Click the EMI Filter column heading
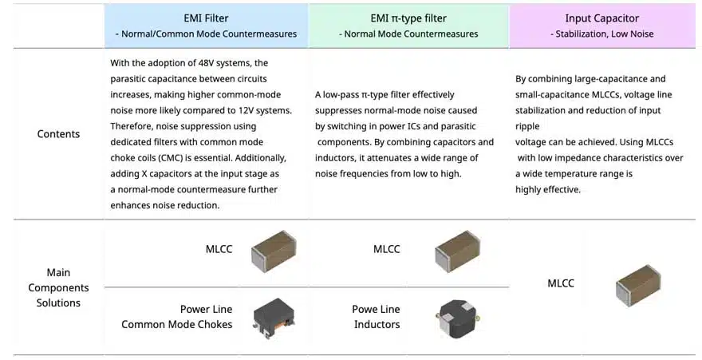[206, 18]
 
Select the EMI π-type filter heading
[408, 18]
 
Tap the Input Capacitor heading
[601, 18]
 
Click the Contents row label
[58, 134]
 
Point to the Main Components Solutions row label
[58, 287]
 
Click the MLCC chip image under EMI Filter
[274, 251]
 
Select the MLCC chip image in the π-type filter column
[458, 251]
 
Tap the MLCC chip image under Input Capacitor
[638, 286]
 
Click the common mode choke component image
[274, 318]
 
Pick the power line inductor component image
[458, 318]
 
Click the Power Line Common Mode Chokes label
[177, 317]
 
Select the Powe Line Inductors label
[376, 317]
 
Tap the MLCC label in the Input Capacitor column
[561, 283]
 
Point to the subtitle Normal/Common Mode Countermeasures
[206, 34]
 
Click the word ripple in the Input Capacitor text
[527, 127]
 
